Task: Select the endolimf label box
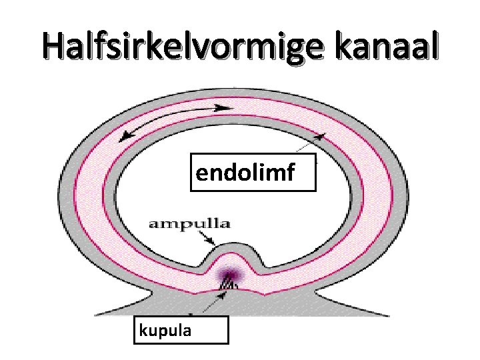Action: (252, 174)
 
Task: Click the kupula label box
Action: (181, 329)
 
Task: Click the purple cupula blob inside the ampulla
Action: (231, 275)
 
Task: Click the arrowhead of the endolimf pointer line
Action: (319, 137)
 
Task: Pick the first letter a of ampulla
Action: (153, 224)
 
